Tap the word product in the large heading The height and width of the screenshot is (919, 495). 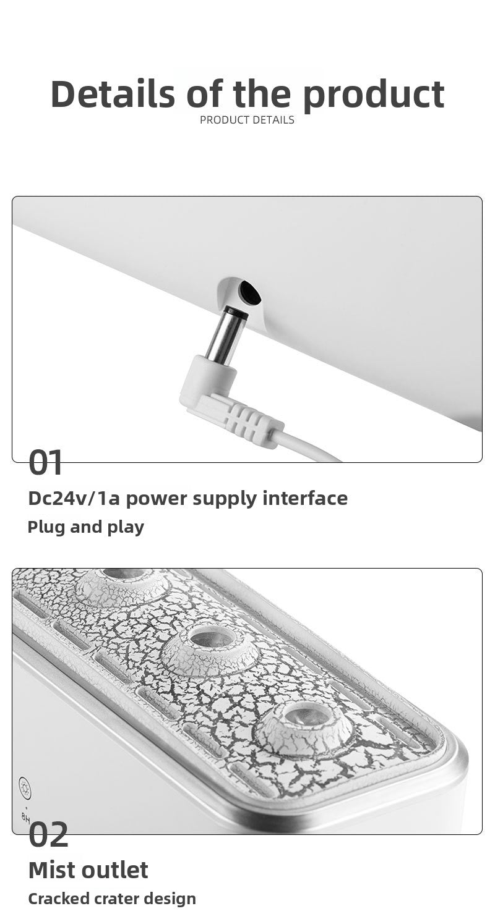coord(373,95)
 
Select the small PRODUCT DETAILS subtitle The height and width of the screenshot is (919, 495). coord(247,120)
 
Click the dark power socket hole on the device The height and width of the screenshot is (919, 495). coord(249,291)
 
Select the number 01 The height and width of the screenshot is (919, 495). coord(46,463)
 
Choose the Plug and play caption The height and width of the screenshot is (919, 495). coord(85,527)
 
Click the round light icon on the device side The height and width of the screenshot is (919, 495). coord(25,786)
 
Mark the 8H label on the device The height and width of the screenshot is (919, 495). coord(26,816)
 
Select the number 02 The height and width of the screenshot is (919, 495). coord(48,835)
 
